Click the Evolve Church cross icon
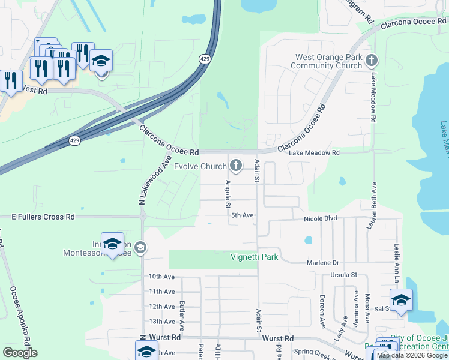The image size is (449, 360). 237,166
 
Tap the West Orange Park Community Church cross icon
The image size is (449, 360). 372,60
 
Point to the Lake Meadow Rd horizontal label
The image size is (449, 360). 314,153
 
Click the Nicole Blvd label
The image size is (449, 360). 321,219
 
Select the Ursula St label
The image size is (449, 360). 343,275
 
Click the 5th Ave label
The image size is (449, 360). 243,215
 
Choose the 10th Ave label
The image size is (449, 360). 161,277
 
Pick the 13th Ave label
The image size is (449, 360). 161,322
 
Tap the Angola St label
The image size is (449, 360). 228,194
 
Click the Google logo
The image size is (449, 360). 20,353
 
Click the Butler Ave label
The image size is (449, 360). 182,313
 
